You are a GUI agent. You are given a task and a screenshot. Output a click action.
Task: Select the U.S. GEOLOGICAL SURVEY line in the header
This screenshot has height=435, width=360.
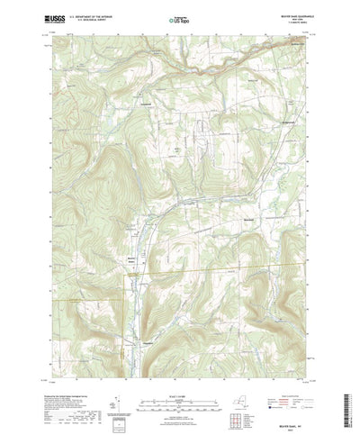click(x=94, y=18)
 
